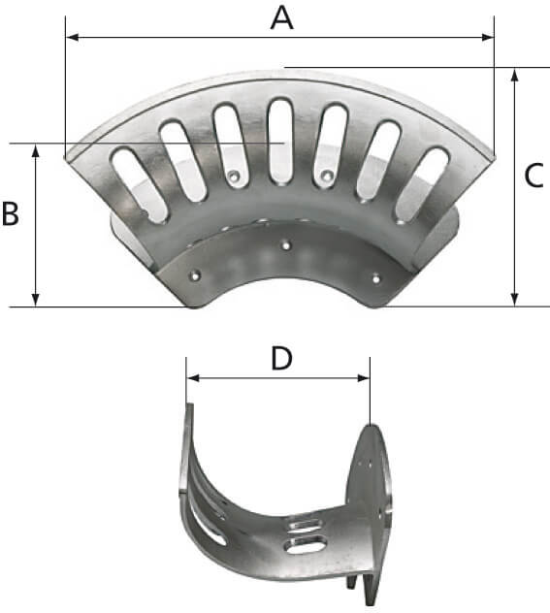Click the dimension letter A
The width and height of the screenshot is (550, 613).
tap(281, 16)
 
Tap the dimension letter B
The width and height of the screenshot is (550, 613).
tap(11, 214)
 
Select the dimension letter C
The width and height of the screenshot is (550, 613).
tap(534, 176)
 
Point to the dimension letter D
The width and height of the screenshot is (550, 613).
tap(281, 358)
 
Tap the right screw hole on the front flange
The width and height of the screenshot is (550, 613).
tap(376, 277)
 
